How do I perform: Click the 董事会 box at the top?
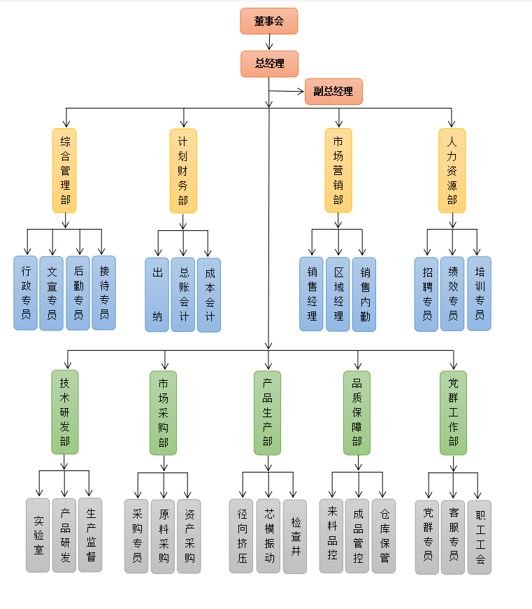pyautogui.click(x=269, y=21)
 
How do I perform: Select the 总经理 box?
pyautogui.click(x=269, y=64)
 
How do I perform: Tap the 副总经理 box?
pyautogui.click(x=333, y=92)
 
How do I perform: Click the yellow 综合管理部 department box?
pyautogui.click(x=65, y=170)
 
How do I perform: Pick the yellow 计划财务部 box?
pyautogui.click(x=183, y=170)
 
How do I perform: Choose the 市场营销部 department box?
pyautogui.click(x=338, y=170)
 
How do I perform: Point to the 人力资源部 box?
pyautogui.click(x=452, y=170)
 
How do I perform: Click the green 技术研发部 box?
pyautogui.click(x=65, y=412)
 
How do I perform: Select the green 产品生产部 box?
pyautogui.click(x=267, y=412)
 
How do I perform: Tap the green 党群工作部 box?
pyautogui.click(x=454, y=412)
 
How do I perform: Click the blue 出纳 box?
pyautogui.click(x=157, y=294)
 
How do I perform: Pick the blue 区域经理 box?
pyautogui.click(x=338, y=294)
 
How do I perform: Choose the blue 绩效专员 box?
pyautogui.click(x=452, y=293)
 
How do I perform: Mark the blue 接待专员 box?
pyautogui.click(x=104, y=293)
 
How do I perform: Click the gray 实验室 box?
pyautogui.click(x=38, y=535)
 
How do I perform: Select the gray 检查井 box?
pyautogui.click(x=295, y=536)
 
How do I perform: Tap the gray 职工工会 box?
pyautogui.click(x=480, y=537)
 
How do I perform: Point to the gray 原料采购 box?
pyautogui.click(x=163, y=536)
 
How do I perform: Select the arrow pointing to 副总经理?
pyautogui.click(x=287, y=91)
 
